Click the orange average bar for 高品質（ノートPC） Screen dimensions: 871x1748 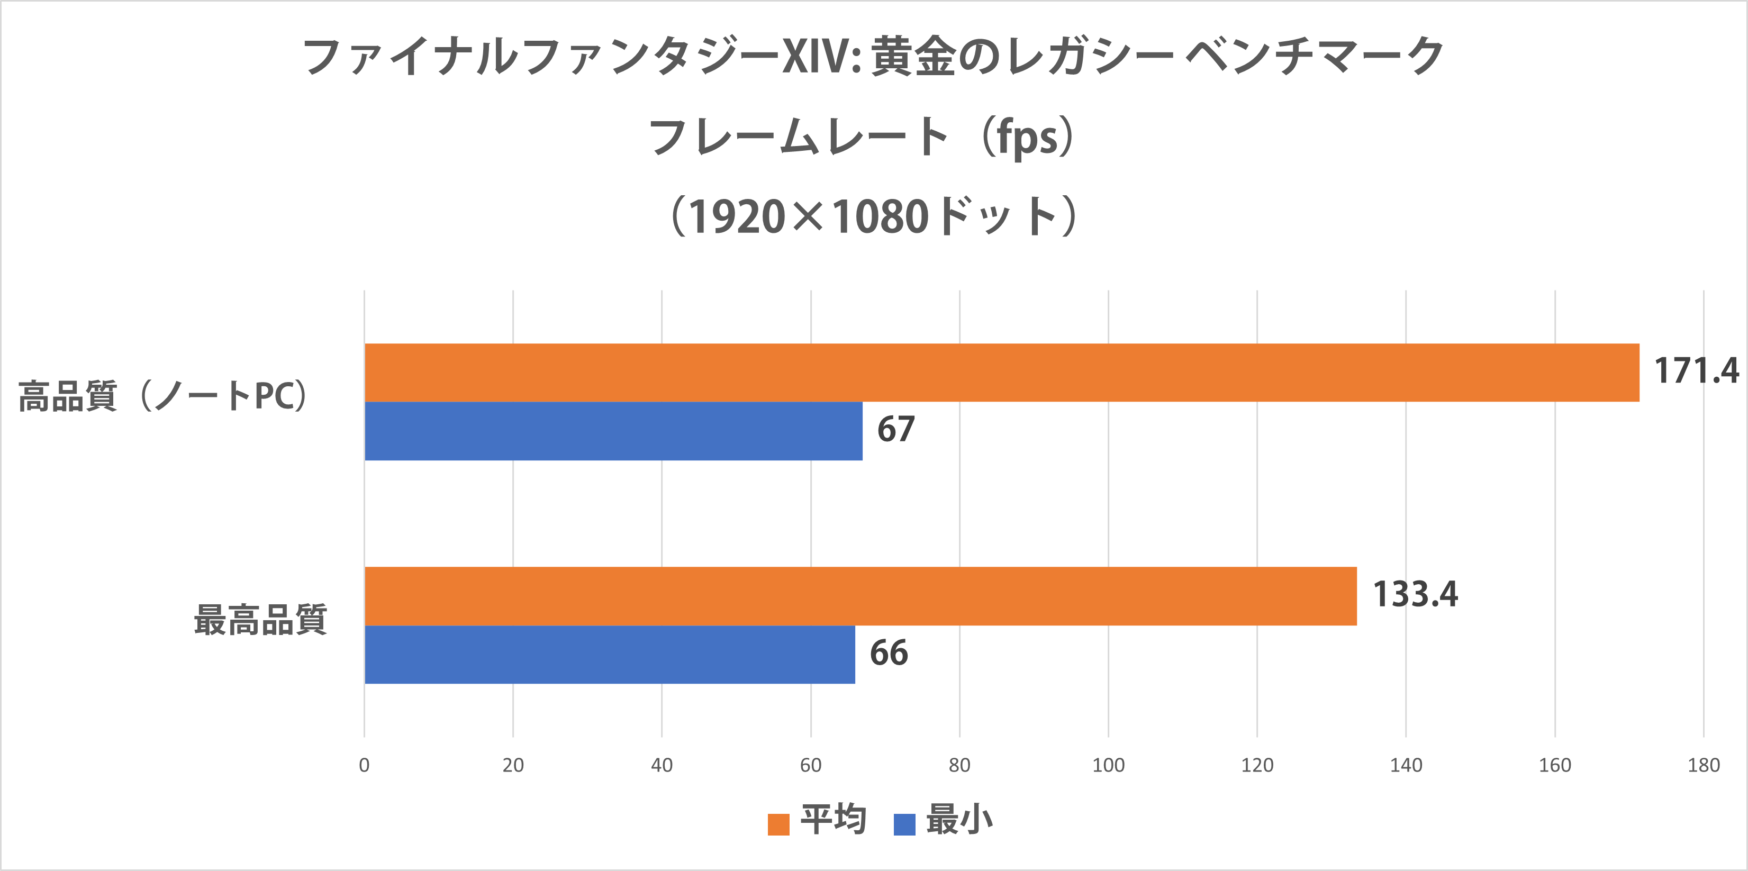pos(1002,373)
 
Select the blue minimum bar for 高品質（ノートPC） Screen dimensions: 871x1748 pos(613,431)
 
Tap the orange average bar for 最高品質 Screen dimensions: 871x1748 pos(861,596)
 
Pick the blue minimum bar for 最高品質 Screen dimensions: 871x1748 pos(609,654)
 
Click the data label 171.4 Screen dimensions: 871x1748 pos(1696,371)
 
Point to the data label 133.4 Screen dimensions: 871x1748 pos(1415,594)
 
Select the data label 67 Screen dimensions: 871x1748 pos(896,429)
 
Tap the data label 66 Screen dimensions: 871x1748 pos(888,652)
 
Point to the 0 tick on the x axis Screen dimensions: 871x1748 pos(365,765)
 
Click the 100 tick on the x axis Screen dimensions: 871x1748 pos(1108,765)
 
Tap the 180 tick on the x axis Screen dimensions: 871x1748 pos(1703,765)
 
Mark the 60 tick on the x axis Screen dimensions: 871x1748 pos(810,765)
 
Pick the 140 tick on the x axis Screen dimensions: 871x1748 pos(1405,765)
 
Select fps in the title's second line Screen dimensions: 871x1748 pos(1027,138)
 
